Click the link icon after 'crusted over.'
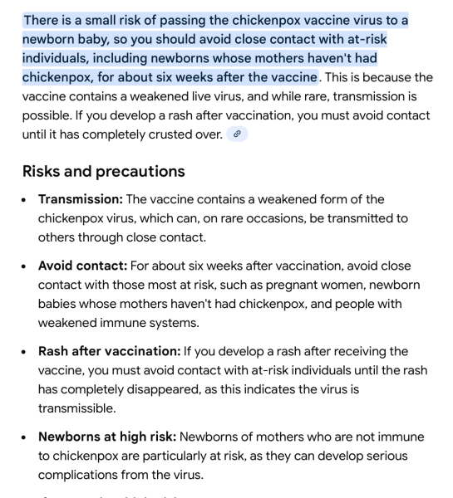(238, 134)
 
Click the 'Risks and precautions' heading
(103, 171)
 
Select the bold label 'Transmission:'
(80, 199)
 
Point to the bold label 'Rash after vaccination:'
(109, 351)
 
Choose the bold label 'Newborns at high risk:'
(106, 437)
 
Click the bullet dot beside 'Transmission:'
(27, 200)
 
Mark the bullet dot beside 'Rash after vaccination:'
(27, 352)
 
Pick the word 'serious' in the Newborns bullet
(399, 456)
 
